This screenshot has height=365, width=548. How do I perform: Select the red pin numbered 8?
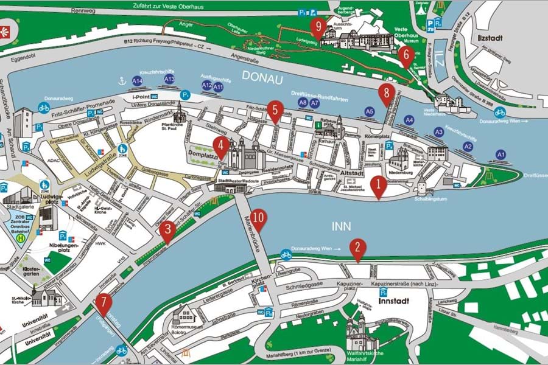coord(384,94)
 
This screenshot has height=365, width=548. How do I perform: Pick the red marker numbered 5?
coord(275,110)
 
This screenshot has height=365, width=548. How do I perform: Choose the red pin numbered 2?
coord(357,248)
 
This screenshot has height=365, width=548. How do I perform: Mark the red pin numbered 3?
coord(167,231)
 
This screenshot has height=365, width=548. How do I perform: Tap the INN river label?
coord(342,226)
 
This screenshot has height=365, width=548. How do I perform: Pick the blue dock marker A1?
coord(501,155)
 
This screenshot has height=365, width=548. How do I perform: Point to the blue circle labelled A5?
coord(369,111)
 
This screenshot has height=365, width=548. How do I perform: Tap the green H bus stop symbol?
coord(20,238)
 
